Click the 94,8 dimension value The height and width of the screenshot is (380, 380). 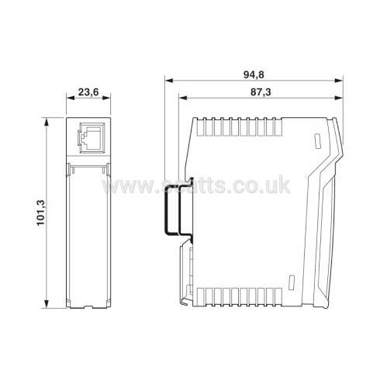click(254, 75)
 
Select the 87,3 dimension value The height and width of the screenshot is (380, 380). click(261, 92)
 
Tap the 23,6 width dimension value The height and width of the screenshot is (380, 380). click(88, 92)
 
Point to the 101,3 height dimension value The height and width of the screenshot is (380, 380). click(41, 212)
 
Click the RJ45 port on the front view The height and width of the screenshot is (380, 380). click(92, 138)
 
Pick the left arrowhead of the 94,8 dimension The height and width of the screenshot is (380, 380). click(168, 81)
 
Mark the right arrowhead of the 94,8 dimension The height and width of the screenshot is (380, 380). click(339, 81)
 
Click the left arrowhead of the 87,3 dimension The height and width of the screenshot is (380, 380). click(183, 98)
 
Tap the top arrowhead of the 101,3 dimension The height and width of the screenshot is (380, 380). click(47, 122)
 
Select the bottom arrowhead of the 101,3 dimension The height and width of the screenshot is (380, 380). click(47, 304)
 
